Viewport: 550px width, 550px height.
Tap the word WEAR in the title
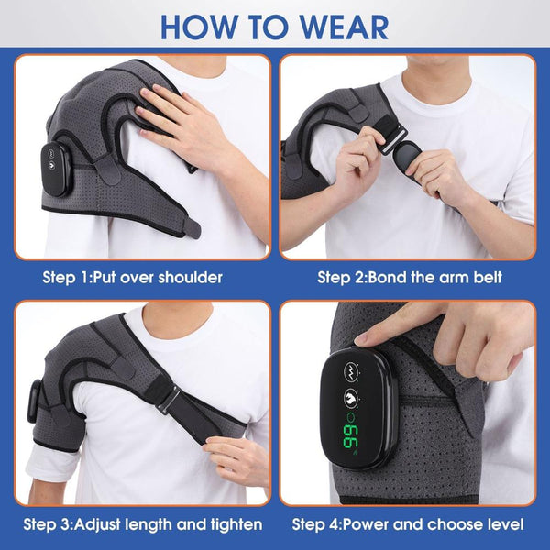[x=338, y=25]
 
